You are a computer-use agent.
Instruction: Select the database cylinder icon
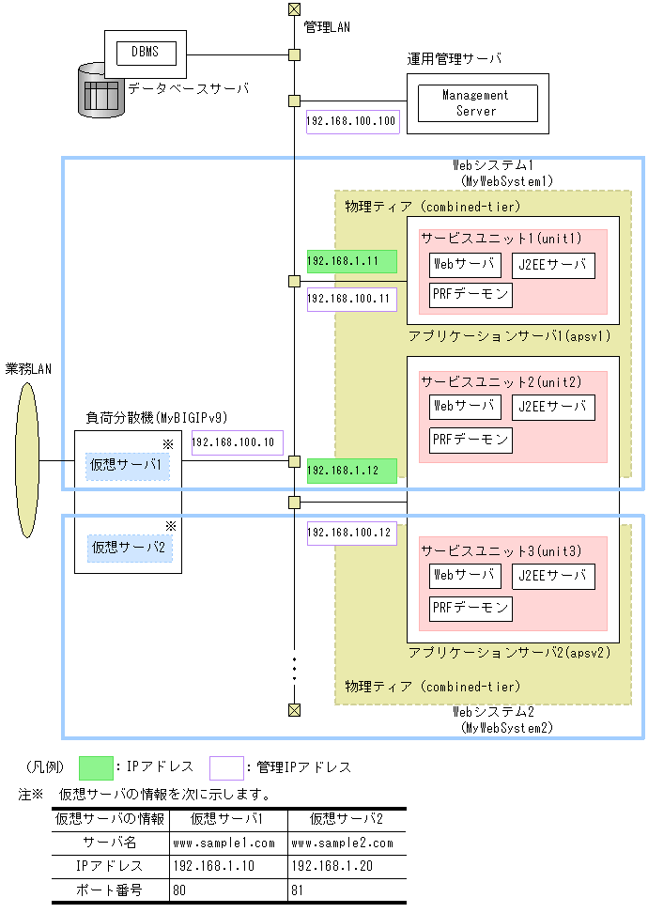(100, 91)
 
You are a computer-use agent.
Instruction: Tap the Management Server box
(475, 102)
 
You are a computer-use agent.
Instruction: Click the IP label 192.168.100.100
(352, 120)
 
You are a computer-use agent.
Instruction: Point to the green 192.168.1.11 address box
(351, 261)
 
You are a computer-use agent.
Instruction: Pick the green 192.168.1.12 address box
(351, 471)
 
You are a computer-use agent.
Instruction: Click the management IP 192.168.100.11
(351, 300)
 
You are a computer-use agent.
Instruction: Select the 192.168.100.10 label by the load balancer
(237, 442)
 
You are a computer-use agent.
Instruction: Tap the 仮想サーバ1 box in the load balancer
(128, 465)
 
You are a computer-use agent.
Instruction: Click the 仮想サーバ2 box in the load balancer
(128, 546)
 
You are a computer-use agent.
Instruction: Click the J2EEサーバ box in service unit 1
(554, 266)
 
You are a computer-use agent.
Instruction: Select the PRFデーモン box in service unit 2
(471, 439)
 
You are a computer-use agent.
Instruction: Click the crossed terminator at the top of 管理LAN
(294, 10)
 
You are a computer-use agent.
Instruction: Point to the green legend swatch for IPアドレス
(97, 767)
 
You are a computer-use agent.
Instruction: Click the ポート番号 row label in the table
(111, 889)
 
